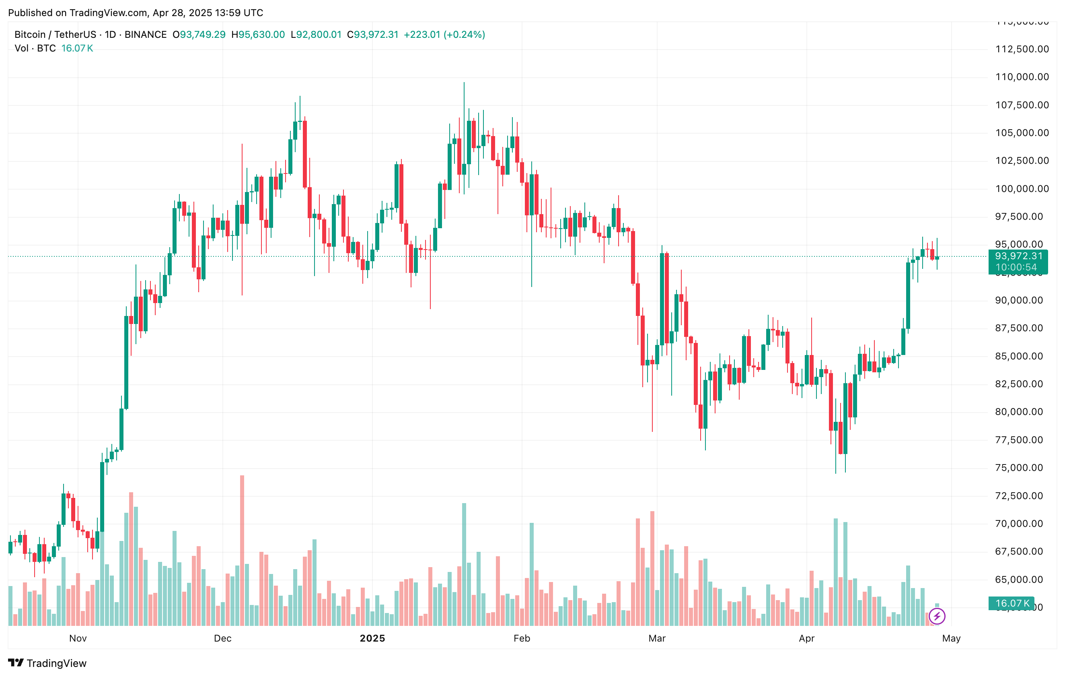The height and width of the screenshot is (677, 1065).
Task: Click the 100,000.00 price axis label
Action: click(1022, 189)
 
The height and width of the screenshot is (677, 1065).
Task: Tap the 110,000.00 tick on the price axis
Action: click(1022, 77)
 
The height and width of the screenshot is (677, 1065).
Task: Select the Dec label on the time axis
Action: click(222, 638)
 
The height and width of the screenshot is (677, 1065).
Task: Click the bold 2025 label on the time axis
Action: click(372, 638)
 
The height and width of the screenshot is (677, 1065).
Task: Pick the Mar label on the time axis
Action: click(657, 638)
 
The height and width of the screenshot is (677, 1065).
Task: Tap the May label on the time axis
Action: click(951, 638)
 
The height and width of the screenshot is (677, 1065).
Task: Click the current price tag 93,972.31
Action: click(1018, 256)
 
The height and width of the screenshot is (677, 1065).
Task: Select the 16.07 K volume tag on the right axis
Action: click(1012, 603)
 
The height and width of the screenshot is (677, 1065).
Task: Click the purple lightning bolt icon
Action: click(937, 616)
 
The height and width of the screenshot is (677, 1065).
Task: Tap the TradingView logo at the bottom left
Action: click(47, 663)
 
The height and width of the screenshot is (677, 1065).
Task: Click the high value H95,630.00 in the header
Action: click(258, 35)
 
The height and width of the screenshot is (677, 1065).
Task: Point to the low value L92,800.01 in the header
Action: click(316, 35)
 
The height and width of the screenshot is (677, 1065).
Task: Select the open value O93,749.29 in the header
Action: click(199, 35)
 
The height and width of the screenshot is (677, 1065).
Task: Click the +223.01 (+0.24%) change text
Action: click(444, 35)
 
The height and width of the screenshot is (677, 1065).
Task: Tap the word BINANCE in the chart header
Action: click(146, 35)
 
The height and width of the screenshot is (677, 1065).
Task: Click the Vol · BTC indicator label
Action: click(35, 48)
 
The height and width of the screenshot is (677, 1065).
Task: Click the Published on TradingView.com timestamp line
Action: click(135, 13)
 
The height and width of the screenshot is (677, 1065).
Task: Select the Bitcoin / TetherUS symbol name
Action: click(55, 35)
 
